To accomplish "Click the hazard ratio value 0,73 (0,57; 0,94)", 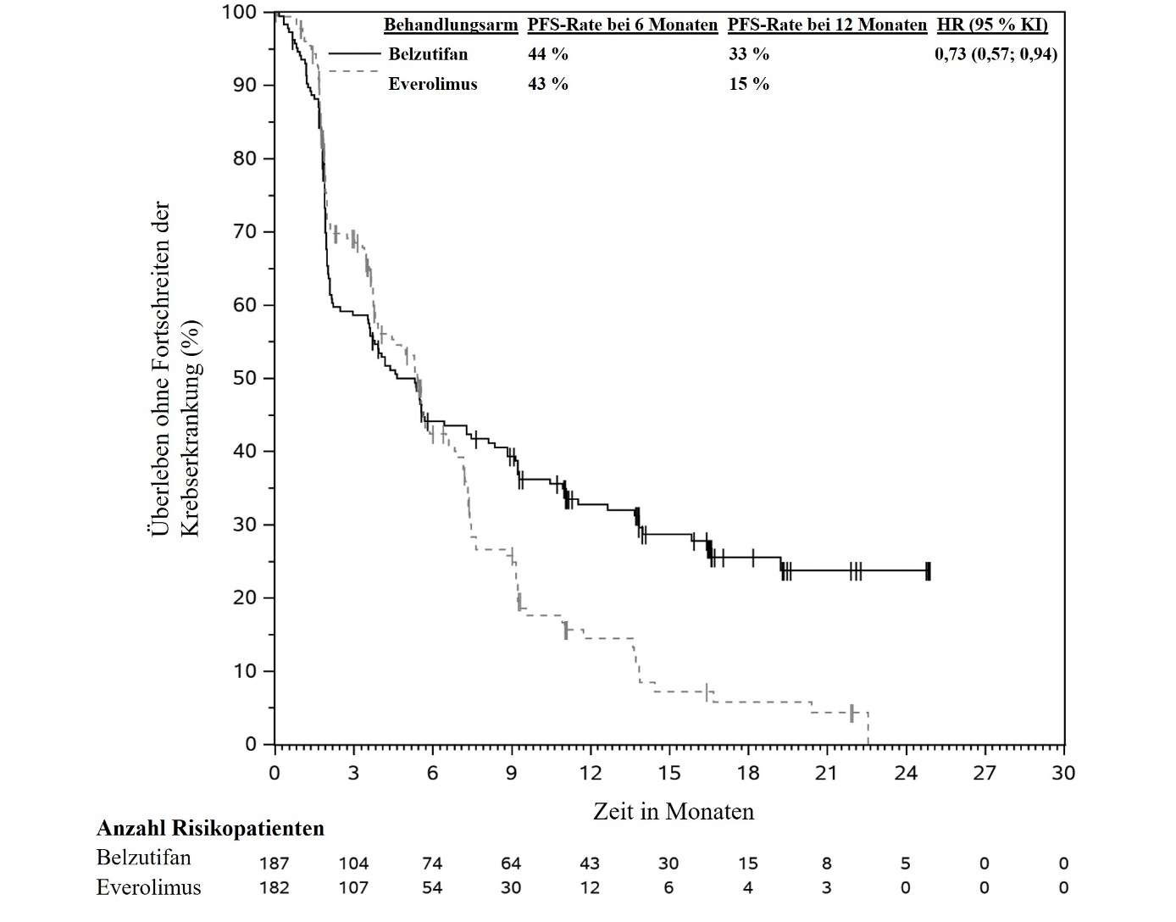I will pyautogui.click(x=996, y=54).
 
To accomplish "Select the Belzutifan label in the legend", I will pyautogui.click(x=428, y=54).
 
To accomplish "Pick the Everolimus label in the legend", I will pyautogui.click(x=433, y=84).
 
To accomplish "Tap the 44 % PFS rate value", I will pyautogui.click(x=548, y=54).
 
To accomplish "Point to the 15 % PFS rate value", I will pyautogui.click(x=749, y=84).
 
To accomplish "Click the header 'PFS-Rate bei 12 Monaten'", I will pyautogui.click(x=827, y=25).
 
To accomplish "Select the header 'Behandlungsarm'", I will pyautogui.click(x=450, y=25).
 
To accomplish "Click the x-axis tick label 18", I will pyautogui.click(x=748, y=773).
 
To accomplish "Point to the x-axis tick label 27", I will pyautogui.click(x=985, y=773).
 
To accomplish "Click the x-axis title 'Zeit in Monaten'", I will pyautogui.click(x=674, y=812).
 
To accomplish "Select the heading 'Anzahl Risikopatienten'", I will pyautogui.click(x=210, y=828).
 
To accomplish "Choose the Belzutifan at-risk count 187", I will pyautogui.click(x=275, y=864).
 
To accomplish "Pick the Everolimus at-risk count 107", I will pyautogui.click(x=353, y=888).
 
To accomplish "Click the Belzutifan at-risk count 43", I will pyautogui.click(x=590, y=864).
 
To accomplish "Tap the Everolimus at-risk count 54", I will pyautogui.click(x=432, y=888).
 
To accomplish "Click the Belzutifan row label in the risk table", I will pyautogui.click(x=144, y=858).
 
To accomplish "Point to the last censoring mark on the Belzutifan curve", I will pyautogui.click(x=929, y=571).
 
